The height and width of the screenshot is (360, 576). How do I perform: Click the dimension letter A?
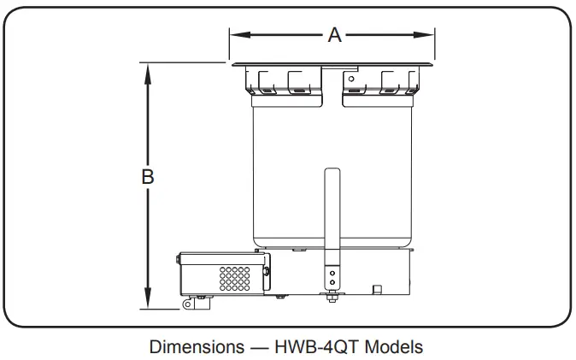[334, 34]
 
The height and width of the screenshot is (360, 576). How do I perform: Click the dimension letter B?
[147, 176]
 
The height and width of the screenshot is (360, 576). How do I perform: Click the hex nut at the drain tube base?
[332, 297]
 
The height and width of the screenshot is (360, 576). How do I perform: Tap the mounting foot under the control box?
[188, 303]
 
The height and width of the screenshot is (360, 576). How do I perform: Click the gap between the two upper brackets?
[332, 86]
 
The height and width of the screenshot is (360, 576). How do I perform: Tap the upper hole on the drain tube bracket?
[332, 271]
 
